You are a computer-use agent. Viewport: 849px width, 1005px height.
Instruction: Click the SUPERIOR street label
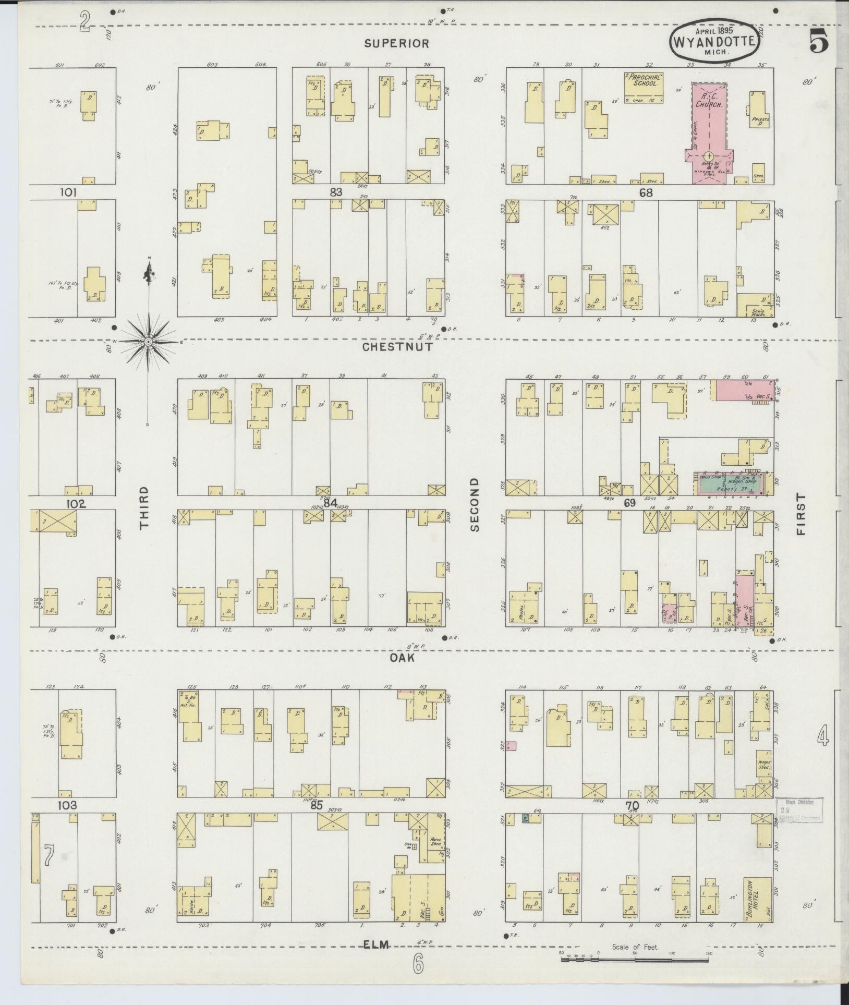point(396,44)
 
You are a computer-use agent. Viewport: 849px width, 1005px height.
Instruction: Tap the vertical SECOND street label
point(474,504)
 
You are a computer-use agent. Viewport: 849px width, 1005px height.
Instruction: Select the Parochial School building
point(645,87)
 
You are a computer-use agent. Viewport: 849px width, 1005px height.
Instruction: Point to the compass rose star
point(149,342)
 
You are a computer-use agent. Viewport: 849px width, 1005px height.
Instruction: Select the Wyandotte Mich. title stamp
point(714,39)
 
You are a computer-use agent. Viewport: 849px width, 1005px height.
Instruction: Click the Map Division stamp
point(798,824)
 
